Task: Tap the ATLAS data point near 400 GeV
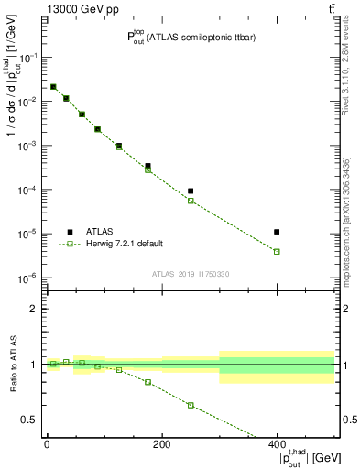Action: [277, 232]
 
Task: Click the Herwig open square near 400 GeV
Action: [277, 251]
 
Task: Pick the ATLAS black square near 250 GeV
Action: [191, 191]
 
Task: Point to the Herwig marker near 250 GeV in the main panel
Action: [191, 200]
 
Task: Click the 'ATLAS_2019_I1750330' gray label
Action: [191, 274]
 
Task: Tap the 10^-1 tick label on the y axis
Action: [30, 57]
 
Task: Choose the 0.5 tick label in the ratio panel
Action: [33, 420]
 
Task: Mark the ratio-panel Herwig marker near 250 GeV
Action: [191, 405]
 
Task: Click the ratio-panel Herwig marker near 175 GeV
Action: [147, 382]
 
